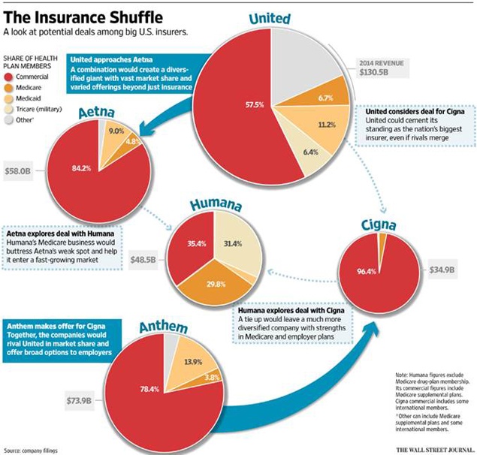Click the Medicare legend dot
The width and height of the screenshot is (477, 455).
click(9, 88)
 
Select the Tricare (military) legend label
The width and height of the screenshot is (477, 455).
click(39, 109)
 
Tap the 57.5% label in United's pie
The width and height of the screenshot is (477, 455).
click(255, 105)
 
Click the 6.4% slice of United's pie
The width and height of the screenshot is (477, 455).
click(307, 149)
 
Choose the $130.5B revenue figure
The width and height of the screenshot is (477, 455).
click(373, 72)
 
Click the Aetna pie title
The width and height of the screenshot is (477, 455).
click(96, 112)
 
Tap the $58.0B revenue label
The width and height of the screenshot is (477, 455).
click(17, 171)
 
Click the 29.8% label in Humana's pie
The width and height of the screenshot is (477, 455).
click(216, 285)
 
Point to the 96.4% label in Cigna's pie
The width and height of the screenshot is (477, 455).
click(367, 271)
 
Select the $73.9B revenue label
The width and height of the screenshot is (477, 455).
click(79, 400)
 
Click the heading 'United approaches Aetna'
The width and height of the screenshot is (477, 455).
click(111, 59)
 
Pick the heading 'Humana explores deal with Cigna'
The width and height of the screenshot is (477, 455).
click(291, 311)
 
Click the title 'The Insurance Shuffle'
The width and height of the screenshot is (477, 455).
click(83, 17)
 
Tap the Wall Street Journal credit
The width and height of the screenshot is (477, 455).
click(435, 450)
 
